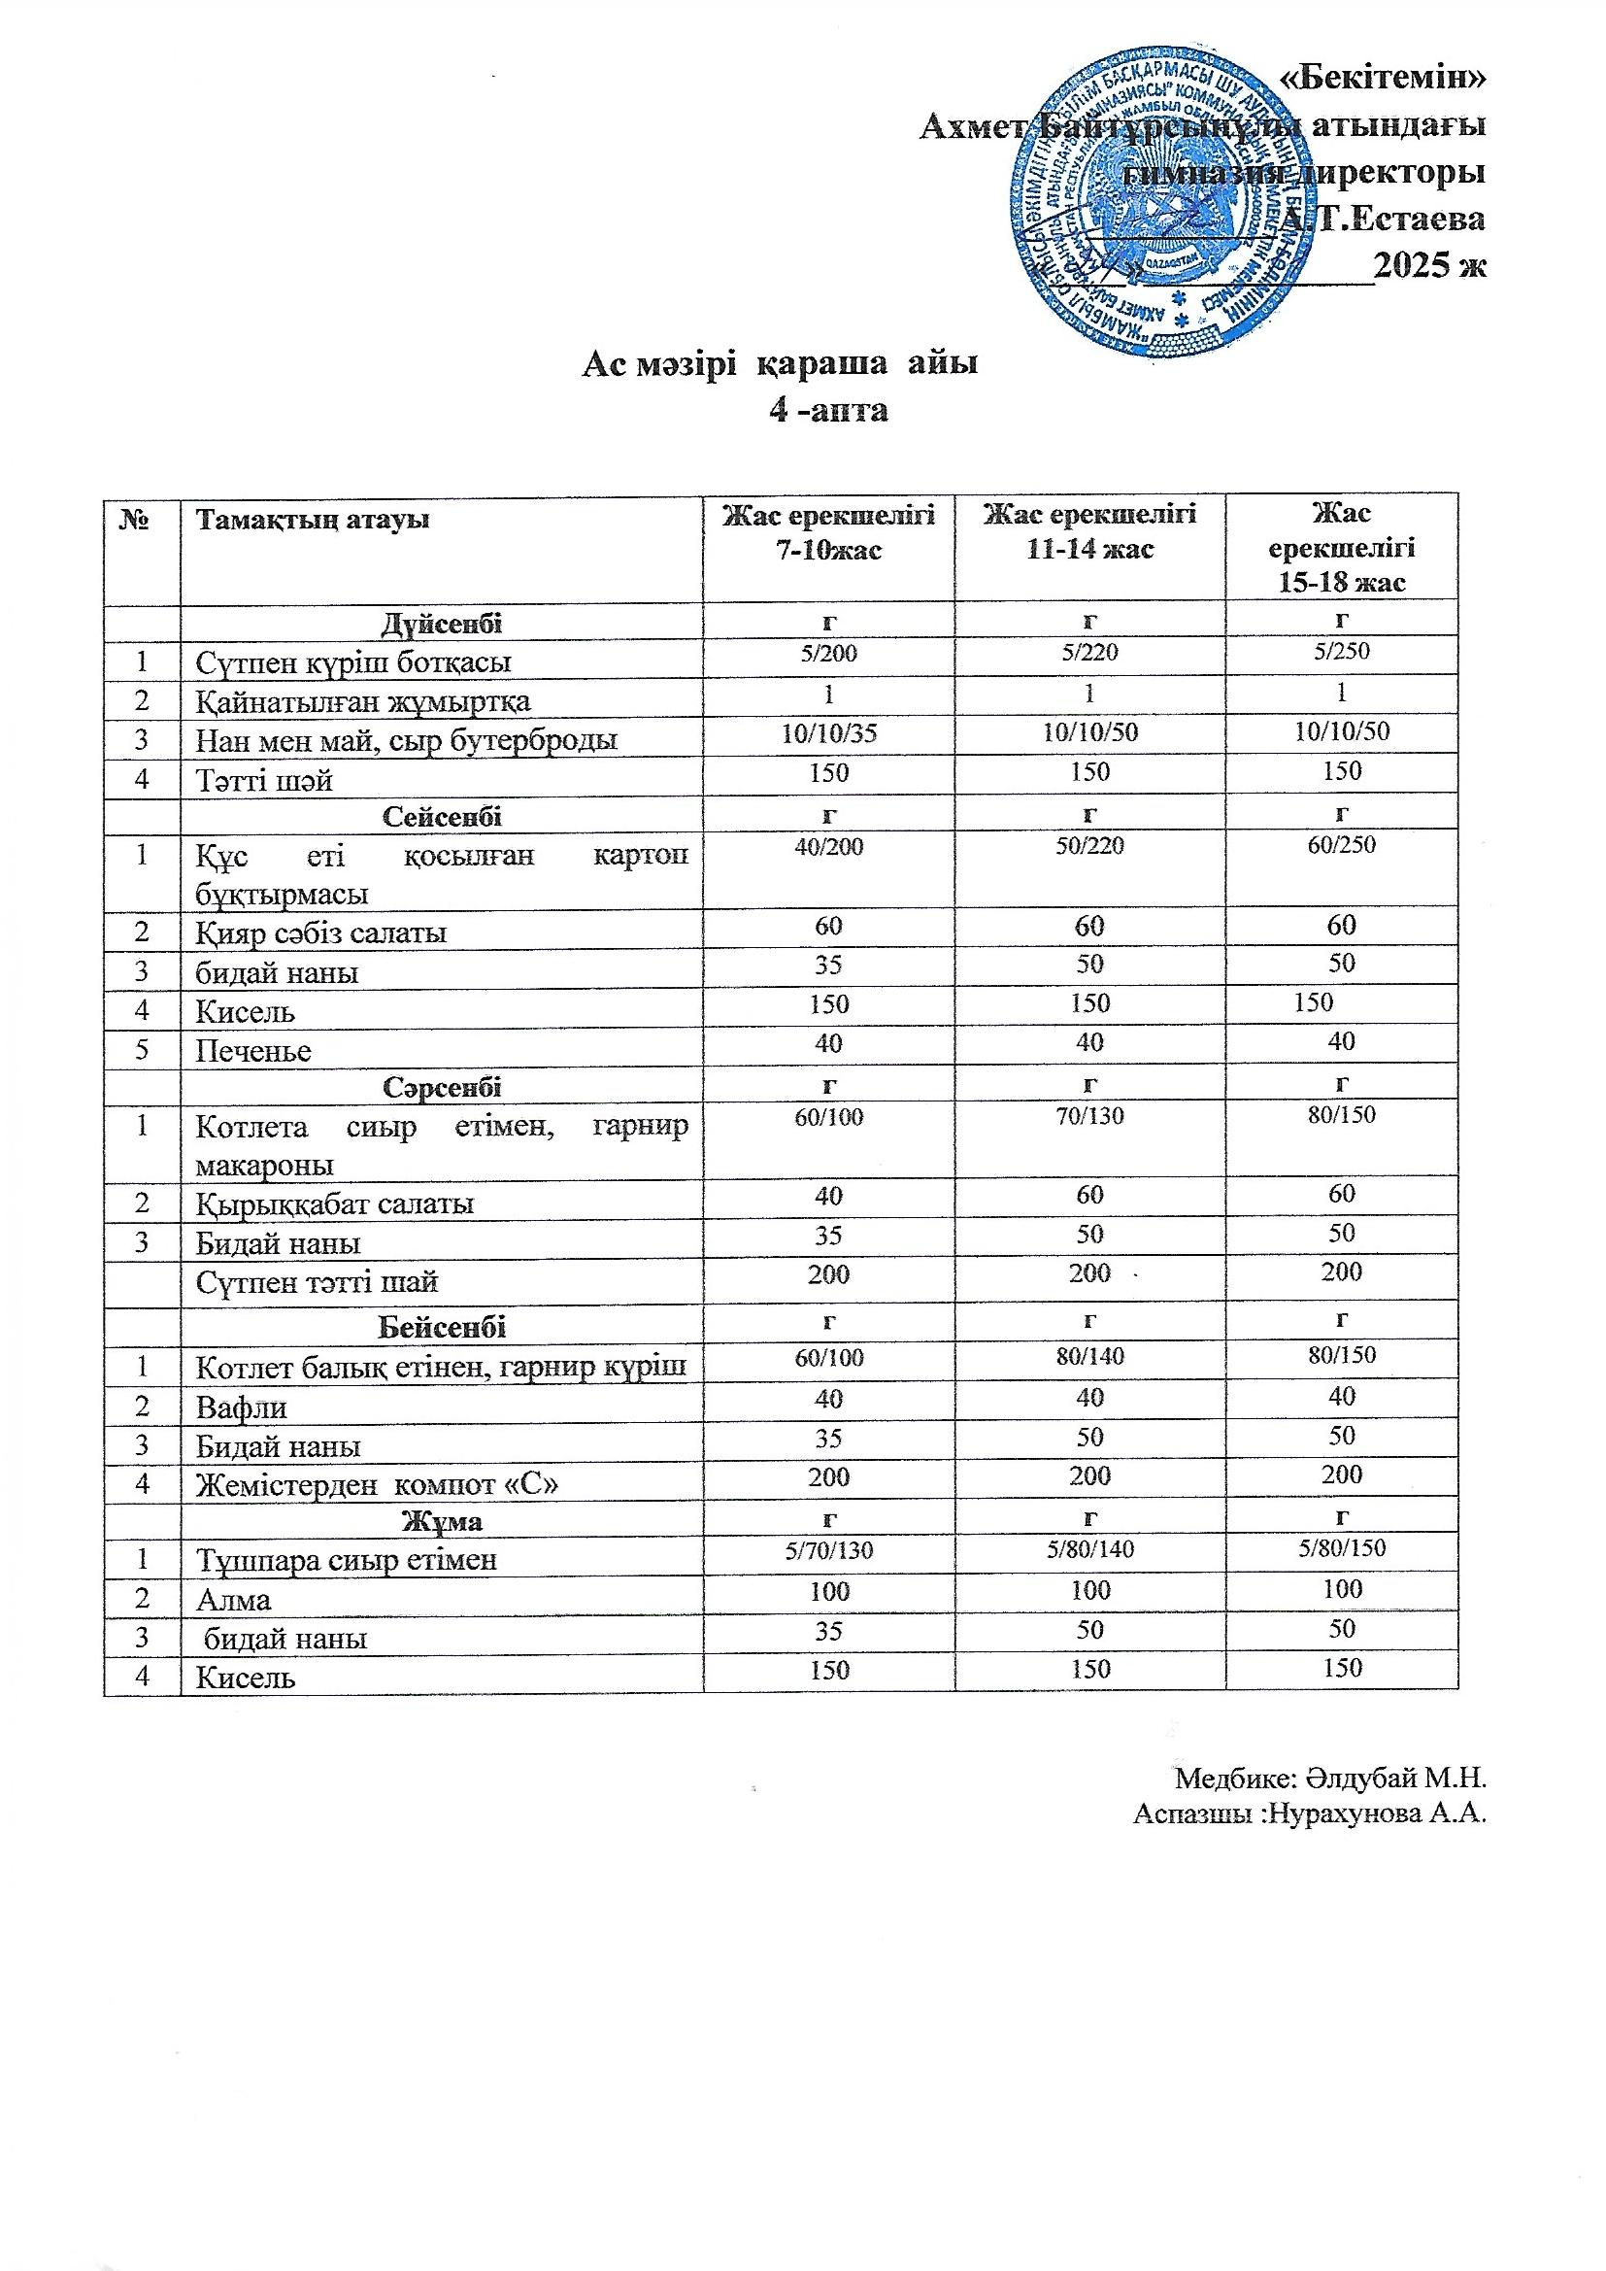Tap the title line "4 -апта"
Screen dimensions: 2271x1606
tap(828, 410)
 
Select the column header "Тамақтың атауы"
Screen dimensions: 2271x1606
tap(313, 520)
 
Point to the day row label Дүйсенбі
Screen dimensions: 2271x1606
tap(441, 625)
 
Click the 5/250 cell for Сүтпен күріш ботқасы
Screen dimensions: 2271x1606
tap(1341, 652)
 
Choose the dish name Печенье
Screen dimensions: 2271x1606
tap(253, 1051)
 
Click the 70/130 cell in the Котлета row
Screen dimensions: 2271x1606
tap(1089, 1117)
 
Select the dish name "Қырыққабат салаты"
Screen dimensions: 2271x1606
tap(334, 1204)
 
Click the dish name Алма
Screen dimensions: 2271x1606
tap(233, 1600)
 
